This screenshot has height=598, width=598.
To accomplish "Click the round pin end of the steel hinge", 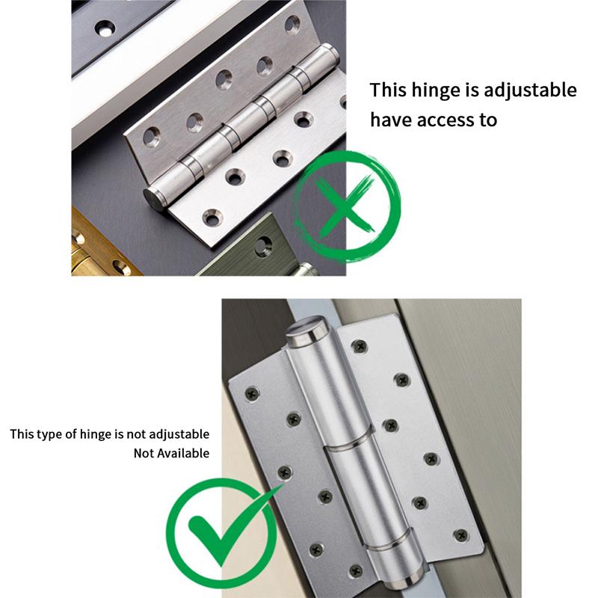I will click(x=154, y=200).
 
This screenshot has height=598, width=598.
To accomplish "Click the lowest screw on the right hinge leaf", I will click(x=460, y=535).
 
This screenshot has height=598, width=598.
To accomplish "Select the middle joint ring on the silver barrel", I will click(x=348, y=441).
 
